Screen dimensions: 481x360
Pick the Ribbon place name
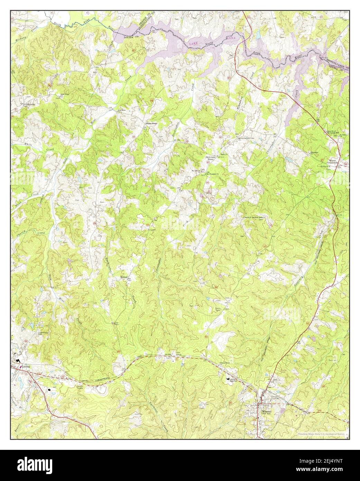tap(124, 277)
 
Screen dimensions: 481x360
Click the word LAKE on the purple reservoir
tap(194, 44)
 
